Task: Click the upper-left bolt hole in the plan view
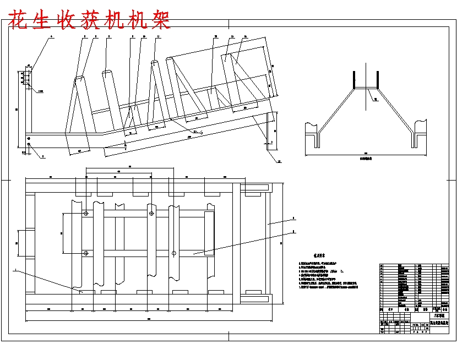click(86, 213)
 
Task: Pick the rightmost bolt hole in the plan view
click(174, 253)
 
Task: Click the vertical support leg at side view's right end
click(268, 132)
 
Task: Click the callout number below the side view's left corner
click(43, 156)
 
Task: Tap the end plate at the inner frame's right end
click(209, 234)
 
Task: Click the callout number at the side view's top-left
click(52, 36)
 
